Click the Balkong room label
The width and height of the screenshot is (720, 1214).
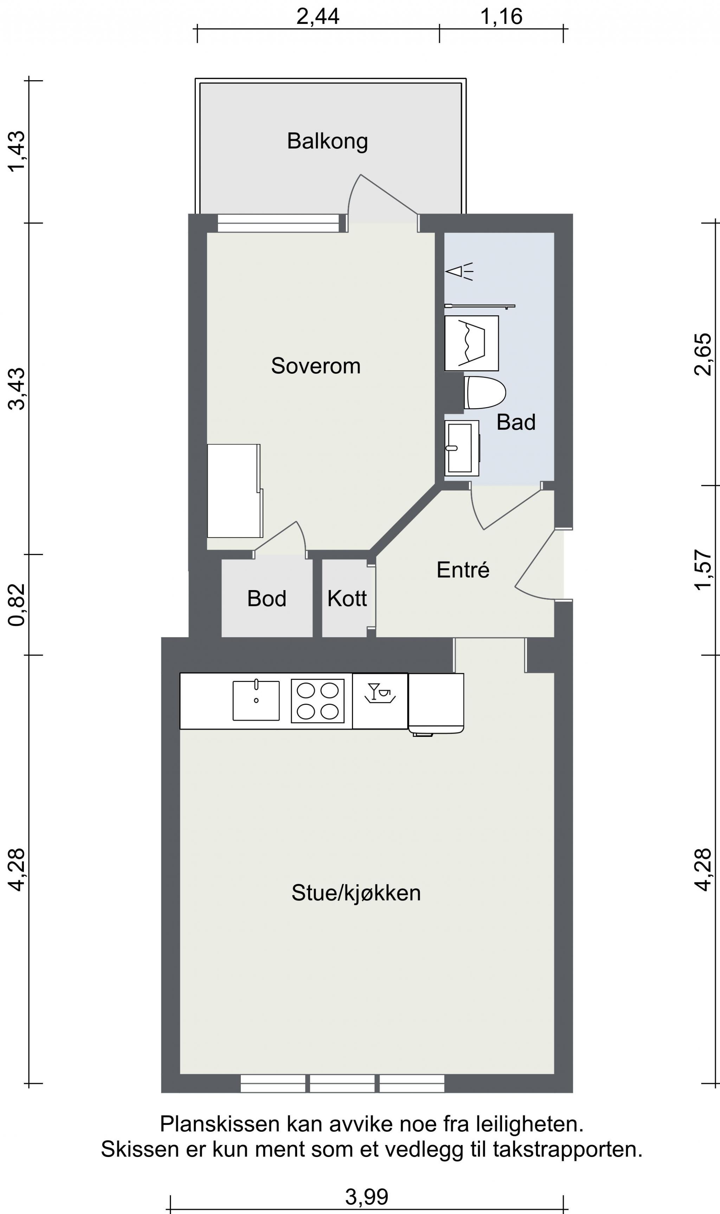click(x=328, y=141)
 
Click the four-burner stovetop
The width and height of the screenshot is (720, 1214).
click(x=318, y=701)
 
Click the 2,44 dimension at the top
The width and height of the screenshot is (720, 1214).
click(x=318, y=17)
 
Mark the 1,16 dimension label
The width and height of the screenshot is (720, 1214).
click(x=501, y=17)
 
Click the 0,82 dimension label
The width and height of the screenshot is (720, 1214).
click(x=17, y=605)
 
